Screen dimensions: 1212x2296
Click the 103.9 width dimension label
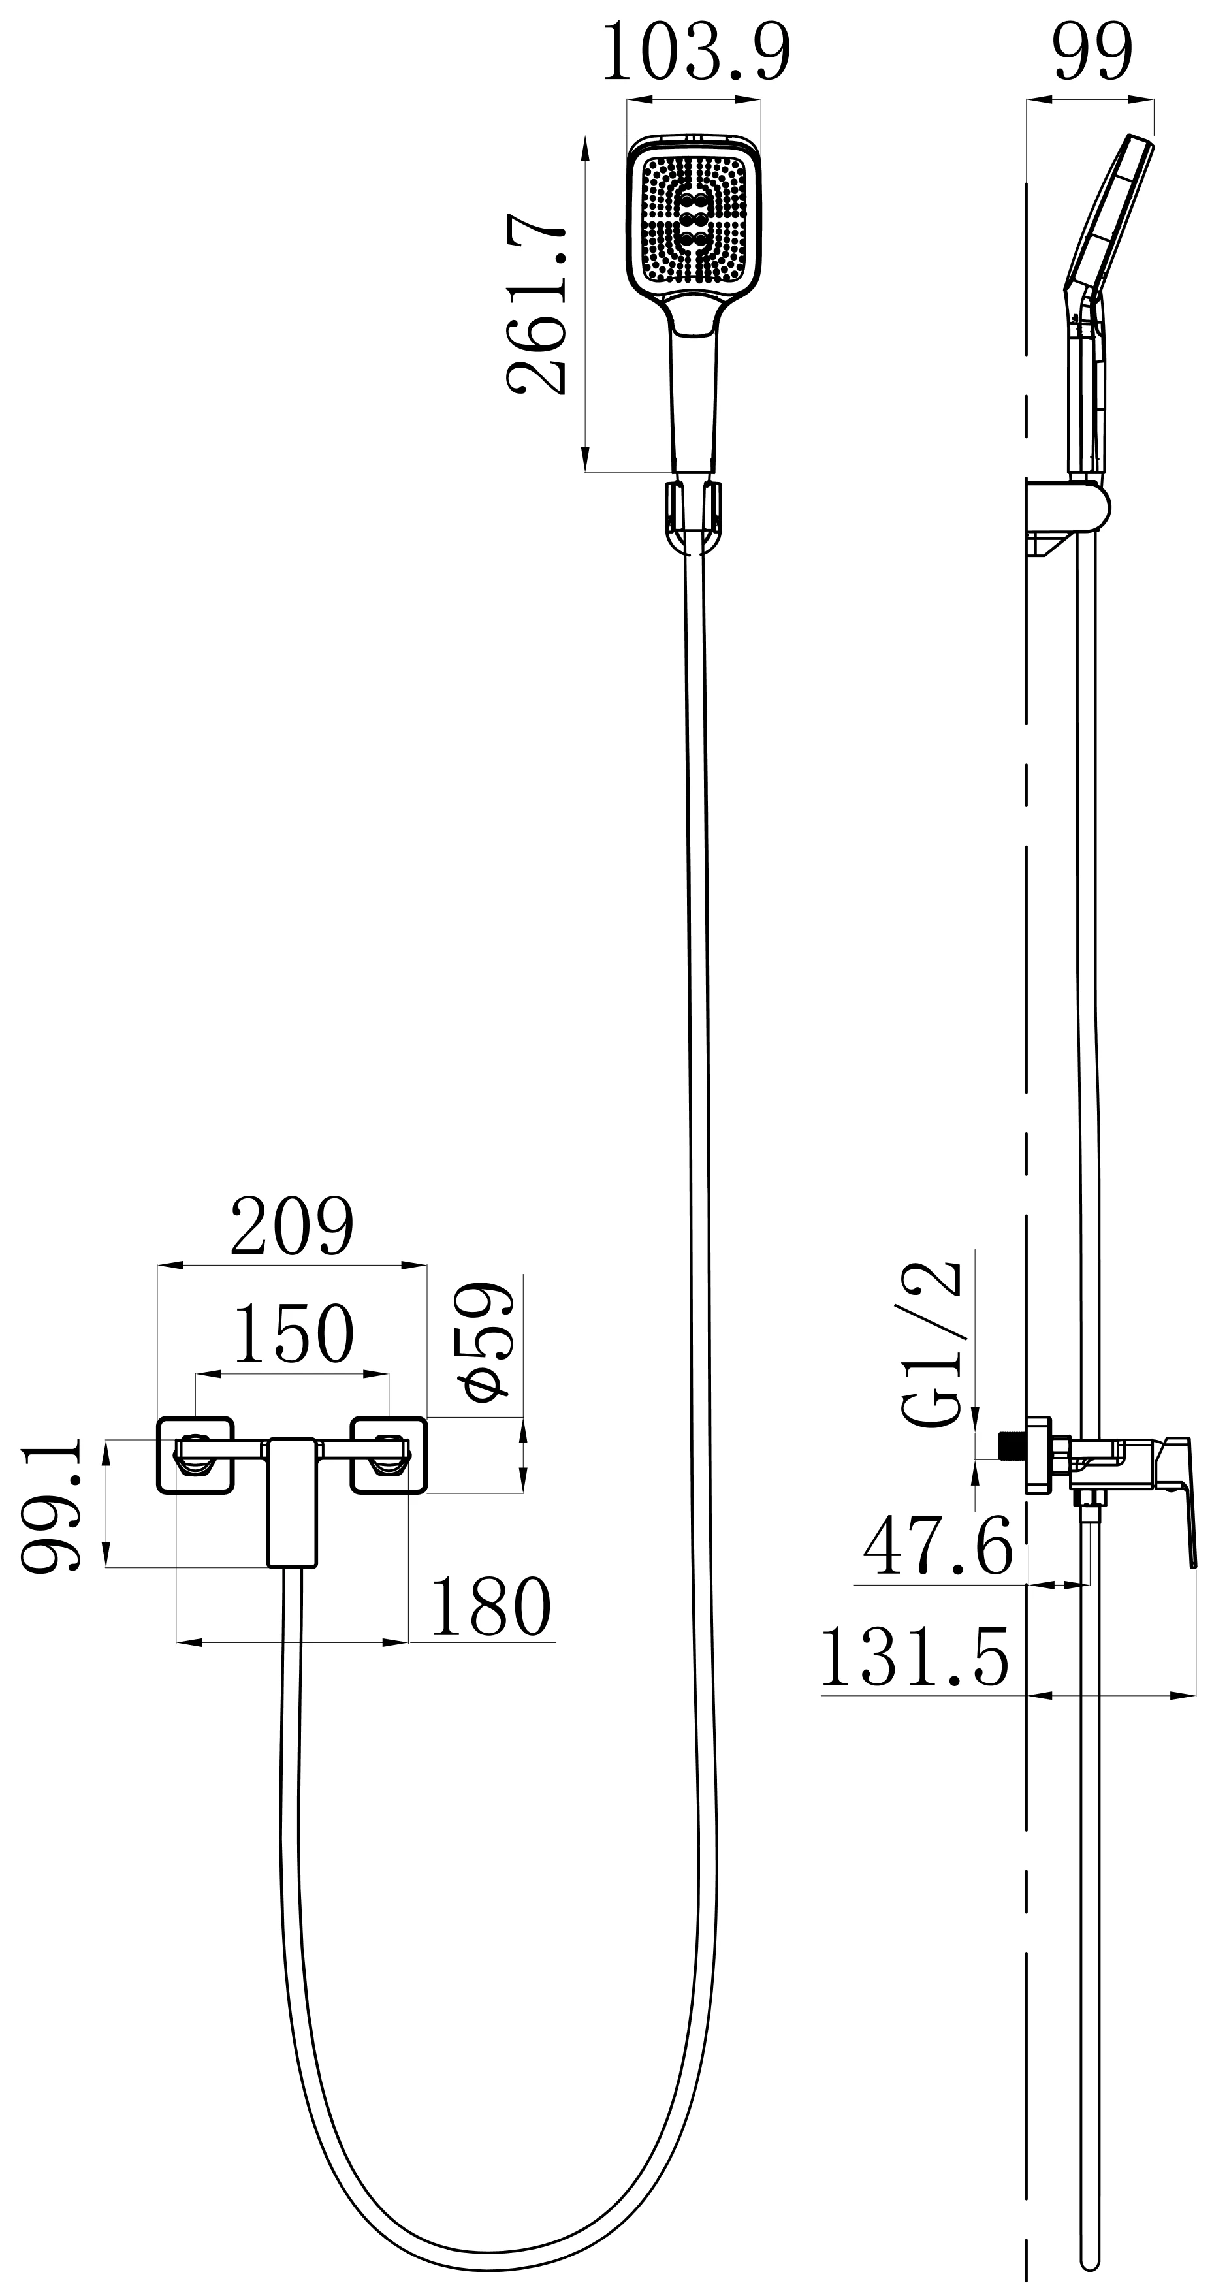(x=697, y=53)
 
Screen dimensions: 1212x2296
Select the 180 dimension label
(x=491, y=1606)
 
